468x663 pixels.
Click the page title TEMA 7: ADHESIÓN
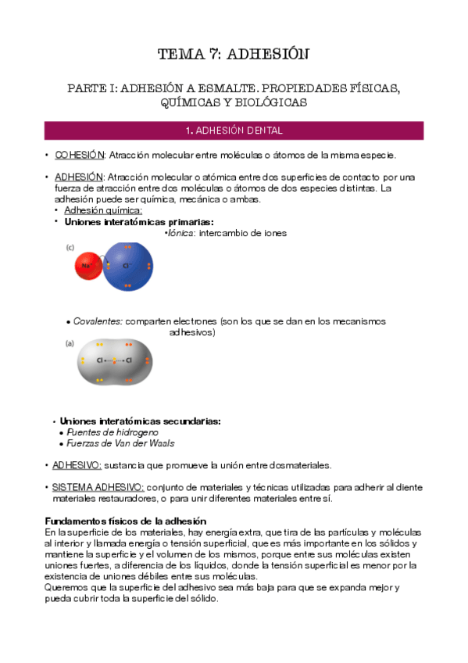pyautogui.click(x=234, y=54)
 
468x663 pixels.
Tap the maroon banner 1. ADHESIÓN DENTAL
pyautogui.click(x=234, y=130)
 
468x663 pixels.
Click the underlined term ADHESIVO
pyautogui.click(x=77, y=464)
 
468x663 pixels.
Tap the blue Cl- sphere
pyautogui.click(x=128, y=266)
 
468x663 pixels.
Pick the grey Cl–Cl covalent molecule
pyautogui.click(x=115, y=361)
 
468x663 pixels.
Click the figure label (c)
pyautogui.click(x=70, y=247)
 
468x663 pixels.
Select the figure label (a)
pyautogui.click(x=69, y=342)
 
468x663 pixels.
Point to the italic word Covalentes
pyautogui.click(x=98, y=321)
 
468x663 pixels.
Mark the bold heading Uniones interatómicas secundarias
pyautogui.click(x=141, y=421)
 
